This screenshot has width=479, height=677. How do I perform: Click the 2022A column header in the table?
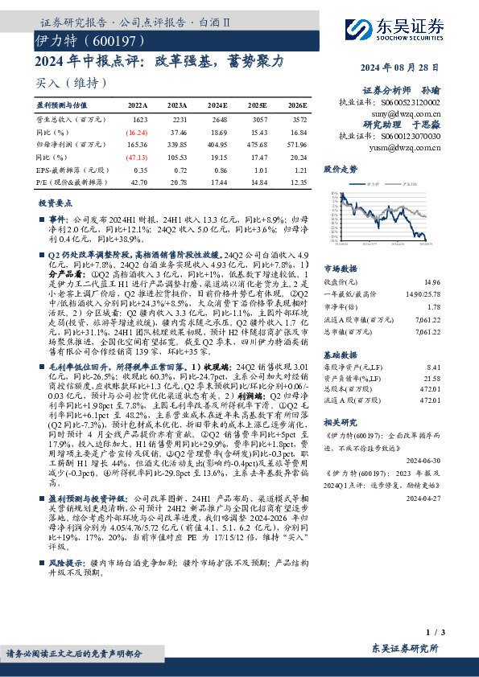(x=138, y=105)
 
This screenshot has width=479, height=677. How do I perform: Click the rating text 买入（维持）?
(x=71, y=82)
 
